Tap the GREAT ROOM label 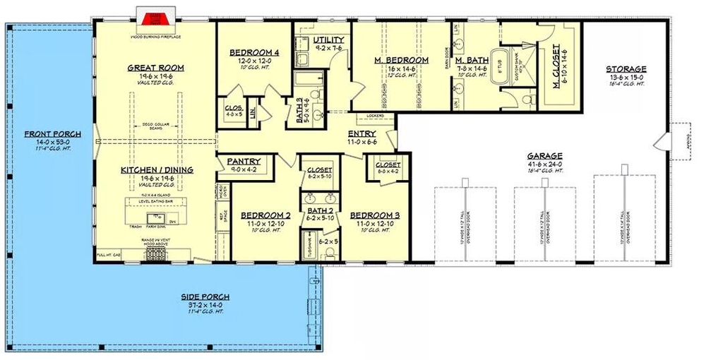(156, 68)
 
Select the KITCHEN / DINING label (156, 170)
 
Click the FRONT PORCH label (53, 134)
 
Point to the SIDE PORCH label (205, 296)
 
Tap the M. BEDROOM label (401, 61)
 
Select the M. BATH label (472, 61)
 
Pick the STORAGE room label (626, 69)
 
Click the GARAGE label (544, 156)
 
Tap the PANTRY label (244, 162)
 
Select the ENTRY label (361, 134)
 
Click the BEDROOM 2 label (261, 215)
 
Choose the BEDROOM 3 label (371, 215)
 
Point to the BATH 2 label (320, 210)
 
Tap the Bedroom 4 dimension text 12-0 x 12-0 (253, 61)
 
